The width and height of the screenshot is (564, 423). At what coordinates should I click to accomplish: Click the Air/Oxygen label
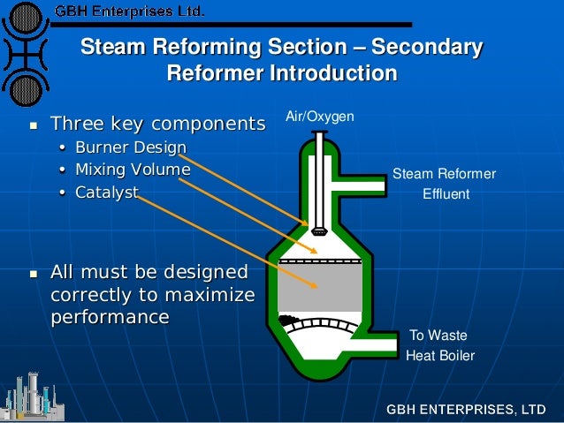click(x=319, y=117)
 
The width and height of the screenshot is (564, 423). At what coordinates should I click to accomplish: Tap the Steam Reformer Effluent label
click(x=444, y=184)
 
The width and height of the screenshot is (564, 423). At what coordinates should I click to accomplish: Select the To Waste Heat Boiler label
click(x=439, y=346)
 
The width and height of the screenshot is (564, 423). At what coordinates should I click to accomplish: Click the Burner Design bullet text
click(x=130, y=147)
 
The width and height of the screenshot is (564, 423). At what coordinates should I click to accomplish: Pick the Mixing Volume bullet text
click(x=132, y=169)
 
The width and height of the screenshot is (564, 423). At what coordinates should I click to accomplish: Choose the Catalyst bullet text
click(x=106, y=191)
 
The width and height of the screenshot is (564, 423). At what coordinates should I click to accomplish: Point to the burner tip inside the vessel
click(x=318, y=230)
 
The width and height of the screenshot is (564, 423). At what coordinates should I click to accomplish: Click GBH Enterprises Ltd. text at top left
click(x=129, y=12)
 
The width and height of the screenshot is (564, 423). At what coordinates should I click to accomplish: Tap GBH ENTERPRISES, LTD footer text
click(x=465, y=410)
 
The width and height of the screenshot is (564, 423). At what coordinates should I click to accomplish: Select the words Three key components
click(x=157, y=122)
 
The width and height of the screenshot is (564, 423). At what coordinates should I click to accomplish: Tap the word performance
click(x=110, y=315)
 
